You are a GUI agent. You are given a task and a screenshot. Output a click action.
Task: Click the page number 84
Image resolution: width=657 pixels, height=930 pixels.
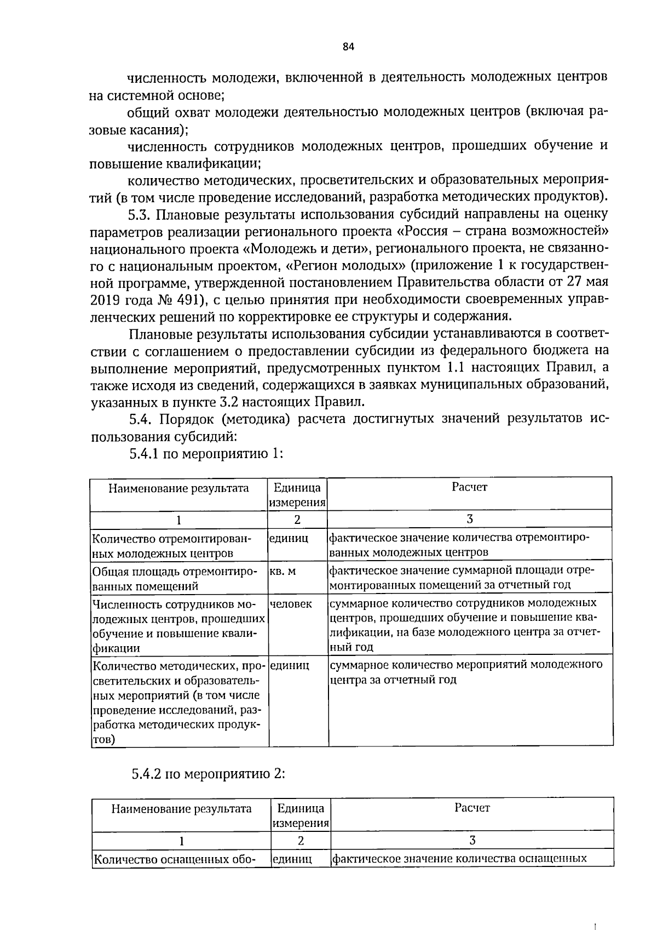coord(349,47)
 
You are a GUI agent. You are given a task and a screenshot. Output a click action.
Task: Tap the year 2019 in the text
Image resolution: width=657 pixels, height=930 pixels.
coord(105,300)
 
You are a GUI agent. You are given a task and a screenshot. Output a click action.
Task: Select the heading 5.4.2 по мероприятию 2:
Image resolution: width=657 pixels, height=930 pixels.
coord(209,774)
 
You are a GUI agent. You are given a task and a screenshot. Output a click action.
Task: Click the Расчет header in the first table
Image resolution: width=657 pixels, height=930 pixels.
coord(469,487)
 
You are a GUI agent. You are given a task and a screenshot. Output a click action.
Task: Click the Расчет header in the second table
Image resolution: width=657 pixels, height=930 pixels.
coord(472,807)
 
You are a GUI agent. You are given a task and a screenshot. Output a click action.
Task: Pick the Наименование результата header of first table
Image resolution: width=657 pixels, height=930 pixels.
coord(178,488)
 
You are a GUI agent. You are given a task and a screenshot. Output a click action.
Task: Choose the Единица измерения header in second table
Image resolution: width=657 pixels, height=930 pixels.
coord(301,815)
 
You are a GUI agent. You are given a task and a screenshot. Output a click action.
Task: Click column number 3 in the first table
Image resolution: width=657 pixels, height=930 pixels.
coord(470,518)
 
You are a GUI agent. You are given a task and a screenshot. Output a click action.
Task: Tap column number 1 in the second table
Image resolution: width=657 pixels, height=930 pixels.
coord(181,840)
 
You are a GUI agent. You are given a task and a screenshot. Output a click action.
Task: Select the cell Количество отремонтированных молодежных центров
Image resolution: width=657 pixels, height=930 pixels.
coord(171,545)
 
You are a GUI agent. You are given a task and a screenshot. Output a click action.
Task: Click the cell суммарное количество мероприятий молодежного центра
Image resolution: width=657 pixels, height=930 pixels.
coord(465,672)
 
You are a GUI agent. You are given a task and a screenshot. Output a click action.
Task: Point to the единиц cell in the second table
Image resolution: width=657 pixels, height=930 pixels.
coord(292,859)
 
